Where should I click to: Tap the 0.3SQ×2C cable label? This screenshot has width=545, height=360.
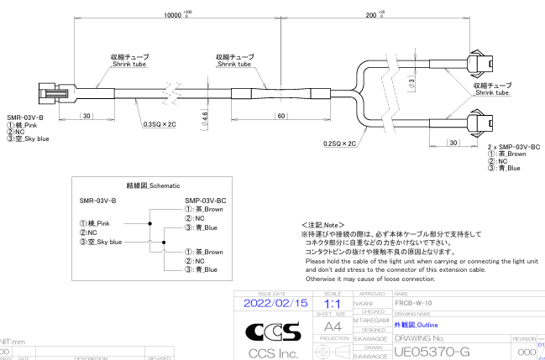[x=160, y=123]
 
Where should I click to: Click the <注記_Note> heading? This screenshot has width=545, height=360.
[x=323, y=225]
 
